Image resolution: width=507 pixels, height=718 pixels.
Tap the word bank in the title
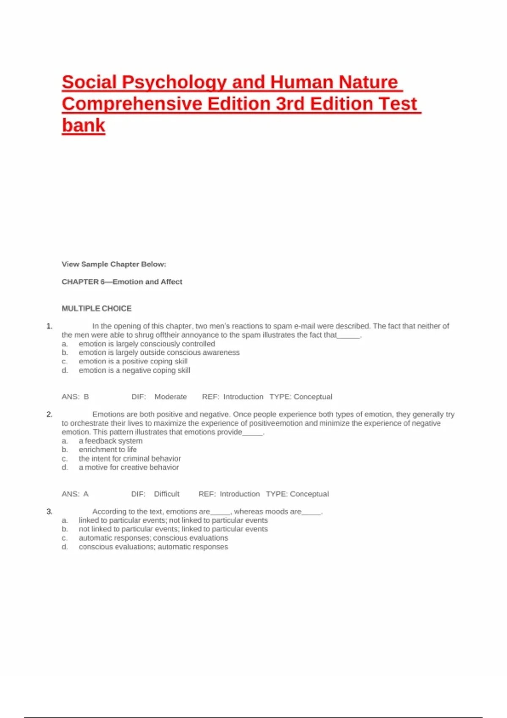(83, 125)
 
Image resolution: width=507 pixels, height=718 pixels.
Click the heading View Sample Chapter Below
(114, 264)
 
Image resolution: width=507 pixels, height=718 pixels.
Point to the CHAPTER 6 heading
(122, 282)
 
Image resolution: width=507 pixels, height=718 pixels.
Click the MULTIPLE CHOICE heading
(96, 309)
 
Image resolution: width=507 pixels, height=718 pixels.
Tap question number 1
(49, 326)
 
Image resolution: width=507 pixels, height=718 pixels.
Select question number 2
(49, 414)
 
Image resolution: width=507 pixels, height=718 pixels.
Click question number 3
(49, 511)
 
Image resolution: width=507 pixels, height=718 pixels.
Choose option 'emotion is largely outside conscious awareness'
(159, 352)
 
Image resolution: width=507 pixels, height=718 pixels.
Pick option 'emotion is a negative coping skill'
(134, 370)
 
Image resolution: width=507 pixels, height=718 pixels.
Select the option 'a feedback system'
(111, 441)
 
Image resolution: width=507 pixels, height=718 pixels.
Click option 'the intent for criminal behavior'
(130, 459)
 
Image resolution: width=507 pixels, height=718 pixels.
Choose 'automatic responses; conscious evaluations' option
(153, 538)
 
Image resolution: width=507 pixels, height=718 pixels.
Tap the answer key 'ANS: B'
(75, 397)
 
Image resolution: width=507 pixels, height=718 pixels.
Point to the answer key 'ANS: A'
(75, 494)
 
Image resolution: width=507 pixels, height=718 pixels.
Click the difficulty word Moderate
(170, 397)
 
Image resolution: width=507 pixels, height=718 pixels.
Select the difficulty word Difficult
(166, 494)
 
